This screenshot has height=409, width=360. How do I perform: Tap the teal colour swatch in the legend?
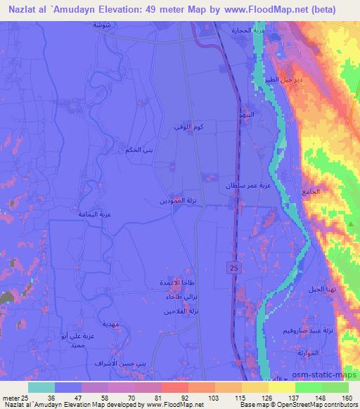[x=41, y=387]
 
